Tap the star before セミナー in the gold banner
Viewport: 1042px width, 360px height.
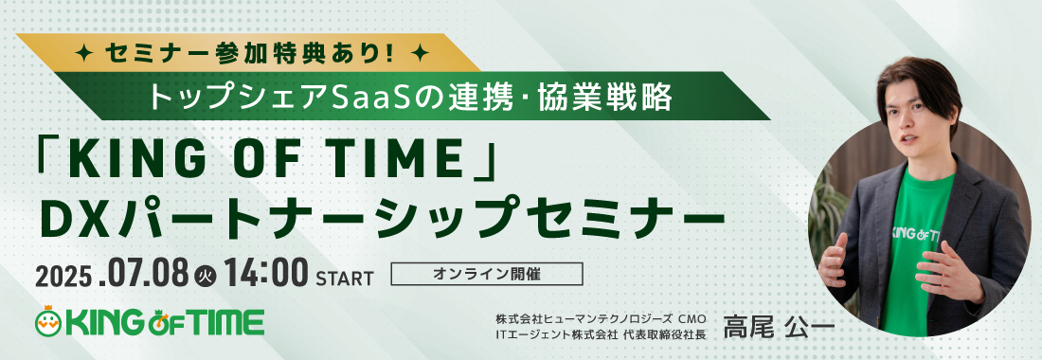point(85,52)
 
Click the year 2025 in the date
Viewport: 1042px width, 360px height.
point(63,275)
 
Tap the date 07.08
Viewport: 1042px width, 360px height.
point(145,274)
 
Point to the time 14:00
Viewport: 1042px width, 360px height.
point(266,274)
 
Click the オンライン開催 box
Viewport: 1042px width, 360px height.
point(487,275)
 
